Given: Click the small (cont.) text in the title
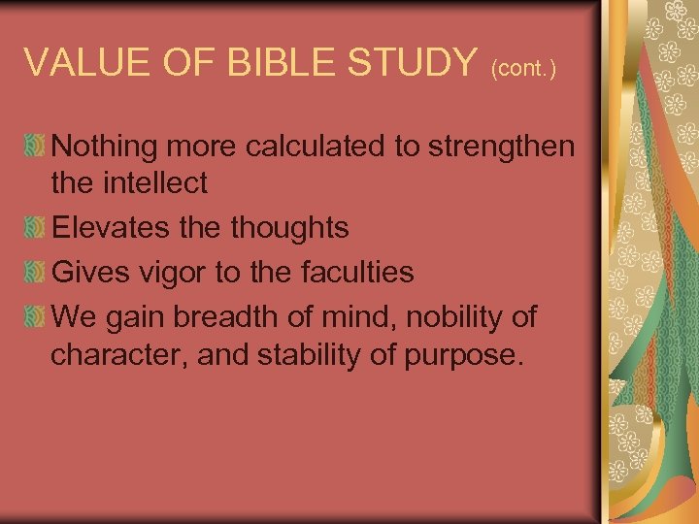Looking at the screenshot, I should [523, 69].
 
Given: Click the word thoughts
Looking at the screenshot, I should [288, 227].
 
